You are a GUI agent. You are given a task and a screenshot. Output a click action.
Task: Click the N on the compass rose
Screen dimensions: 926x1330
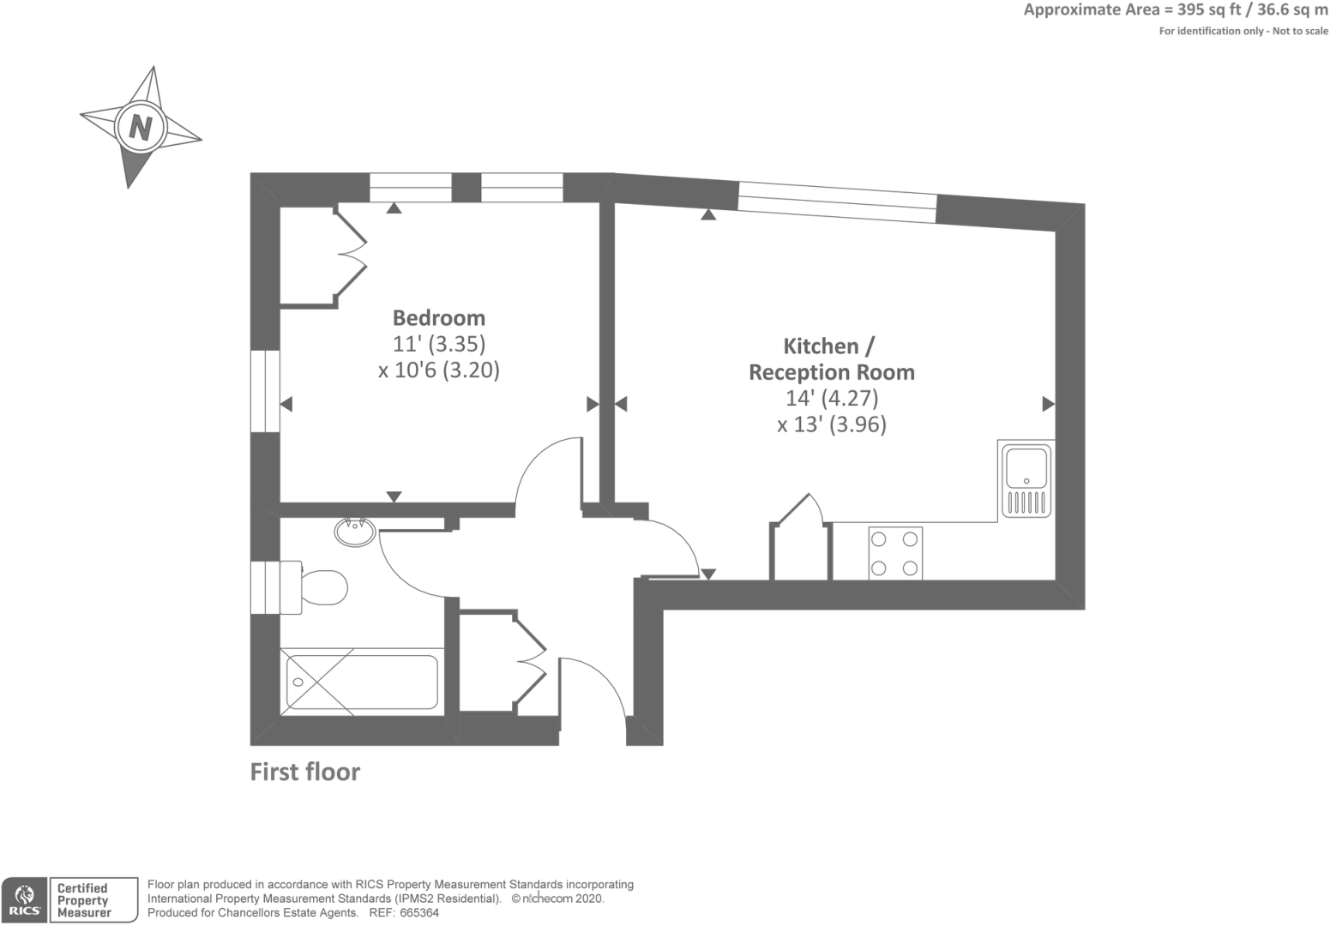coord(140,127)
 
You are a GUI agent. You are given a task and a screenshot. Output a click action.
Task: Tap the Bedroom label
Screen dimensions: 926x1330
coord(438,318)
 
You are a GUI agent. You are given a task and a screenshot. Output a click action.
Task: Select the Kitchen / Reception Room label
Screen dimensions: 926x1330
coord(831,359)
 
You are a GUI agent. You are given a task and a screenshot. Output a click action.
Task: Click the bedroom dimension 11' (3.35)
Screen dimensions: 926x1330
coord(438,344)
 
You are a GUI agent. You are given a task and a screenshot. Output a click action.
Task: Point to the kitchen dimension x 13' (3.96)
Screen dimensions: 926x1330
coord(831,424)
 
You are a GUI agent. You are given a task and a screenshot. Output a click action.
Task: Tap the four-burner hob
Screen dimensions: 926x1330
coord(894,553)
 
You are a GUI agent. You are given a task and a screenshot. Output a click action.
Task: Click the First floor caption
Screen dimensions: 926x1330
coord(304,772)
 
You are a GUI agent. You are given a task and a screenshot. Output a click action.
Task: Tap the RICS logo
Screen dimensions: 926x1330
coord(24,900)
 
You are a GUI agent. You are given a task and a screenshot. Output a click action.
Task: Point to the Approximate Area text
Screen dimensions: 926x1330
coord(1175,10)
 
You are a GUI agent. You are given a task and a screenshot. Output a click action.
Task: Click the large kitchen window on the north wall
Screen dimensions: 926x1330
coord(837,202)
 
